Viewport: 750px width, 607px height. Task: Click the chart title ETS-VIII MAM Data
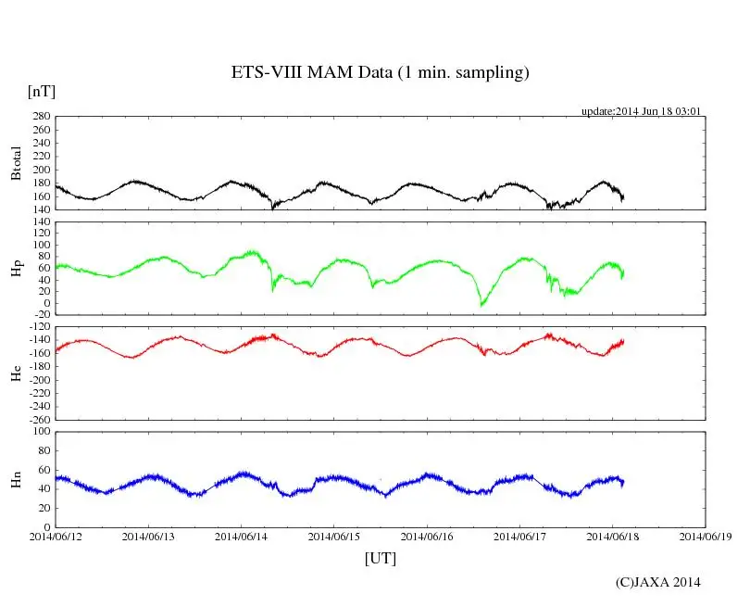pyautogui.click(x=380, y=73)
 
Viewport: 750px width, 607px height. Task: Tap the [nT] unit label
pyautogui.click(x=42, y=92)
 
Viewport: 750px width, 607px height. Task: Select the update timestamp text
pyautogui.click(x=641, y=111)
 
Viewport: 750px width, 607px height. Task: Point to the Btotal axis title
pyautogui.click(x=16, y=163)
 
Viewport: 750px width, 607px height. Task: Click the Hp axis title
pyautogui.click(x=16, y=268)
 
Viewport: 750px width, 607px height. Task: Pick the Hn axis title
pyautogui.click(x=16, y=479)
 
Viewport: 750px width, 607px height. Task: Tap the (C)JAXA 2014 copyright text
pyautogui.click(x=657, y=582)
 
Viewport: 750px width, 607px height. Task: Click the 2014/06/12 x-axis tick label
pyautogui.click(x=56, y=535)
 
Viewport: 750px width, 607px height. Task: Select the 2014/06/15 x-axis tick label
pyautogui.click(x=334, y=535)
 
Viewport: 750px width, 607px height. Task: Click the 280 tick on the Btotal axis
pyautogui.click(x=40, y=117)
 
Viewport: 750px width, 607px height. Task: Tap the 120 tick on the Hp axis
pyautogui.click(x=40, y=222)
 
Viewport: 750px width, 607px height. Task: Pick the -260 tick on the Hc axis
pyautogui.click(x=38, y=419)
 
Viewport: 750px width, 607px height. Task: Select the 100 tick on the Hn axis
pyautogui.click(x=40, y=431)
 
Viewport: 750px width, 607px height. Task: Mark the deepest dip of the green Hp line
pyautogui.click(x=481, y=305)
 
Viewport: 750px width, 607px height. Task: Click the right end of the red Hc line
pyautogui.click(x=623, y=341)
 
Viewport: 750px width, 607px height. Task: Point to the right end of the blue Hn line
pyautogui.click(x=623, y=482)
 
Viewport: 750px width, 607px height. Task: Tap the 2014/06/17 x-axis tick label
pyautogui.click(x=519, y=535)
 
